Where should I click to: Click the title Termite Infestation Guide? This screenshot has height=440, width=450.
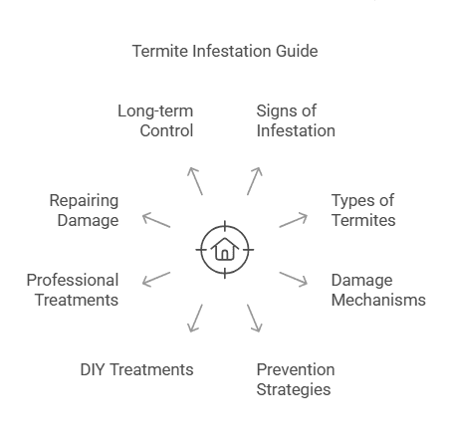[225, 50]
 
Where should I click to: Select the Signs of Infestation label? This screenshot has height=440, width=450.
[295, 119]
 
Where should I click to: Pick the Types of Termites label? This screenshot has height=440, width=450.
[362, 209]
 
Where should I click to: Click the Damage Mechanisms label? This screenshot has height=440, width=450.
[377, 290]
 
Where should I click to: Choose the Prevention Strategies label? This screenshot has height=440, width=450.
[296, 378]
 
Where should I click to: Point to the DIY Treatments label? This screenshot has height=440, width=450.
[136, 369]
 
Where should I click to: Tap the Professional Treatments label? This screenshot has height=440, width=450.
[73, 290]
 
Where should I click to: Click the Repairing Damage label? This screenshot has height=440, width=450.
[84, 209]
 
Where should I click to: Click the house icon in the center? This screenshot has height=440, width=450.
[224, 247]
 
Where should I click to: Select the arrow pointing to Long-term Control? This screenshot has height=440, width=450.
[195, 180]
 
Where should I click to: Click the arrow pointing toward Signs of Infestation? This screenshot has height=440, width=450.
[255, 180]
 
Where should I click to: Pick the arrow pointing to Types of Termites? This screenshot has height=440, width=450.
[293, 218]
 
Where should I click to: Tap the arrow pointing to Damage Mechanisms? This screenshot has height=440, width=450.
[293, 278]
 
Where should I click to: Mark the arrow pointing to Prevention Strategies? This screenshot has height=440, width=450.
[254, 317]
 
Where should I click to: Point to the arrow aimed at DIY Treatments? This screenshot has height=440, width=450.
[195, 317]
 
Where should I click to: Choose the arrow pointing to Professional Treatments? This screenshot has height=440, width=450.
[157, 278]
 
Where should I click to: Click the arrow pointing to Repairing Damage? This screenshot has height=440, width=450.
[157, 218]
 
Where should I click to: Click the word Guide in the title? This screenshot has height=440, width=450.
[297, 50]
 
